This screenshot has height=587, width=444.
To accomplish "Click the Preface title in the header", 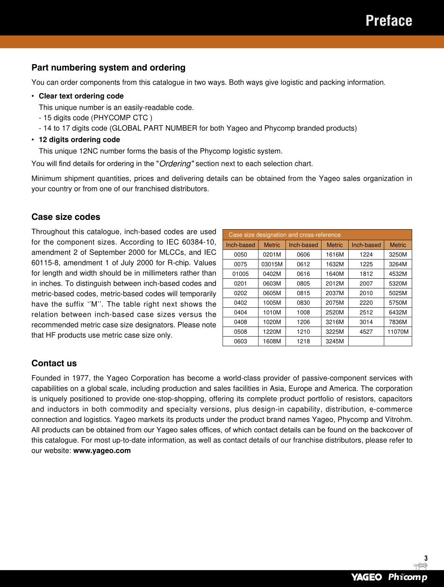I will click(x=388, y=21).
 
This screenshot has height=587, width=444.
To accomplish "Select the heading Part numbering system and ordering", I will click(x=108, y=68).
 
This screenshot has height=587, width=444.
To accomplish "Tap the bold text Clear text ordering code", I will click(x=81, y=96).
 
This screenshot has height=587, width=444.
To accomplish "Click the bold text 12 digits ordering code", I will click(x=79, y=139).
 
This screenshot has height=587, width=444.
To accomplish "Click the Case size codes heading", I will click(x=66, y=217).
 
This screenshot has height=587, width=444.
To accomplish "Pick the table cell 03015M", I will click(x=272, y=264).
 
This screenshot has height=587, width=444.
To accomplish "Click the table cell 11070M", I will click(x=398, y=332).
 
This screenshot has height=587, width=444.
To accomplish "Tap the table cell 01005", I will click(x=240, y=274).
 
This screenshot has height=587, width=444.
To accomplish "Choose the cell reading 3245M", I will click(x=335, y=341).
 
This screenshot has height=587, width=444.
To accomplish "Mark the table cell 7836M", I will click(x=398, y=322).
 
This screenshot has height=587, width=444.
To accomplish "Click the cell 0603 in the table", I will click(x=240, y=341).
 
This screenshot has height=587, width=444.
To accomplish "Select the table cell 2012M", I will click(x=335, y=283).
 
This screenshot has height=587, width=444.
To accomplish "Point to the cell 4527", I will click(x=366, y=332).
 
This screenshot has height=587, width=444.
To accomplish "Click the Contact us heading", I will click(x=54, y=363).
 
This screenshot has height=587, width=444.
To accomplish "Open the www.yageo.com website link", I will click(x=102, y=451).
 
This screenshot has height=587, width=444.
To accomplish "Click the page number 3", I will click(x=426, y=558).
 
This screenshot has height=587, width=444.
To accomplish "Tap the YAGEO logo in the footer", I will click(x=366, y=577).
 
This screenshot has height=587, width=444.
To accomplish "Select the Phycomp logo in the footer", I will click(x=408, y=577).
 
